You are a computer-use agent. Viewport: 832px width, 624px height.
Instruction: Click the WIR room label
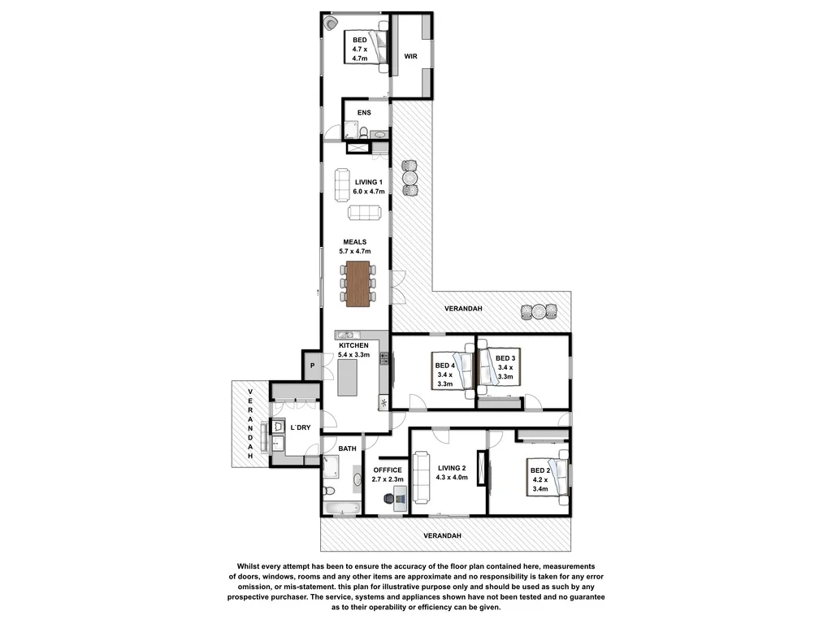click(410, 56)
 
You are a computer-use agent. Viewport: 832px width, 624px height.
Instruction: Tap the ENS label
click(363, 112)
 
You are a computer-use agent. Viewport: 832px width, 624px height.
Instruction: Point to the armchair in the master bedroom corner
click(330, 24)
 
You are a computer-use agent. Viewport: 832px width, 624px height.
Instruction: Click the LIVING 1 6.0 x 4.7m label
click(368, 186)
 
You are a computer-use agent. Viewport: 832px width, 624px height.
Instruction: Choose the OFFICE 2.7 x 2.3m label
click(388, 475)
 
